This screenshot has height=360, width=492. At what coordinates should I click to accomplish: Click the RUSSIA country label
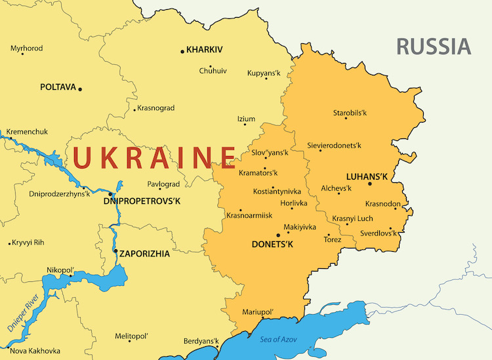(x=434, y=47)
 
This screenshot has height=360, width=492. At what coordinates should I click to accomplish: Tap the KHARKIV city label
(x=205, y=50)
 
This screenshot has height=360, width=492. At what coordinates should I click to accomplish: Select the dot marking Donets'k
(x=279, y=235)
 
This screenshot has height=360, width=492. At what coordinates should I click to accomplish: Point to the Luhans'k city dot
(x=370, y=184)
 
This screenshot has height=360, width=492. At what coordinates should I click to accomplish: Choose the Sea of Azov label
(x=279, y=339)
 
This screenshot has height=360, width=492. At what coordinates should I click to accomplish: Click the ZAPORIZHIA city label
(x=144, y=252)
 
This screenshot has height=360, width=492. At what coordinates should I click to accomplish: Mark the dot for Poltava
(x=80, y=89)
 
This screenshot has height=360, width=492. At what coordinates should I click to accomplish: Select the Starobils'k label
(x=350, y=113)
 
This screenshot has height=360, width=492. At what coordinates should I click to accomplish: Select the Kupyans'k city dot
(x=266, y=79)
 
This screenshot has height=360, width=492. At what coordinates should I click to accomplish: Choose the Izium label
(x=246, y=119)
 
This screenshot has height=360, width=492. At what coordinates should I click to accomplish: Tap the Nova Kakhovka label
(x=35, y=351)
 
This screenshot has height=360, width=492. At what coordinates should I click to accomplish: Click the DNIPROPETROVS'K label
(x=142, y=202)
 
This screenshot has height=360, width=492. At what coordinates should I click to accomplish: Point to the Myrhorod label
(x=27, y=49)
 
